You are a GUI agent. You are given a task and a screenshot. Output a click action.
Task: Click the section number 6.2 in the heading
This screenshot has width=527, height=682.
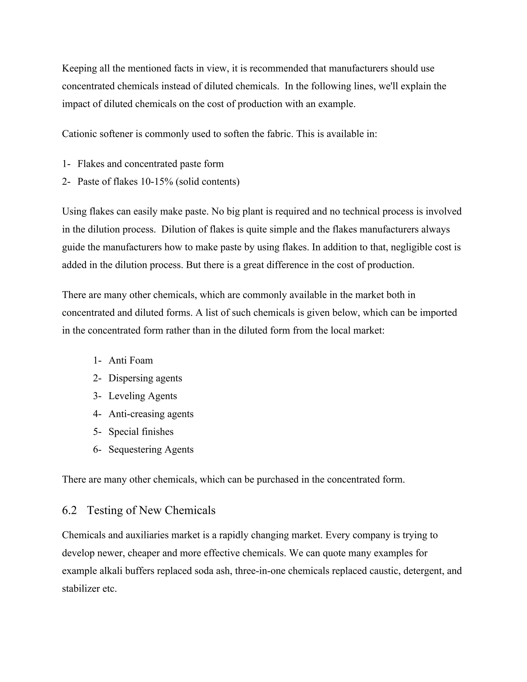point(69,510)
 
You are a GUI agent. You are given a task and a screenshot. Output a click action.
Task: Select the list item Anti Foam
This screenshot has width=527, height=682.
point(130,360)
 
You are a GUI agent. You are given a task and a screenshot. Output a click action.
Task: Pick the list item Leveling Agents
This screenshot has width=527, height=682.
point(143,396)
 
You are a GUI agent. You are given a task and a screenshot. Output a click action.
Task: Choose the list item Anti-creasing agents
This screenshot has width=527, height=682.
point(151,414)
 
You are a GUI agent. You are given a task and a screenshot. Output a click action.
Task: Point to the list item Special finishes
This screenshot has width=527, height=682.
point(141,432)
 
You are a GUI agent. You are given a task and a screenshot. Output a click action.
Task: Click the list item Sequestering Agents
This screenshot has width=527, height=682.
point(151,449)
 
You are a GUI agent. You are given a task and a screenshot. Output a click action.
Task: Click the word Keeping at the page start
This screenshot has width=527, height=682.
point(79,68)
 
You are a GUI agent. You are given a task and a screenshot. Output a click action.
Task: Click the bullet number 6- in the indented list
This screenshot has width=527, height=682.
point(97,449)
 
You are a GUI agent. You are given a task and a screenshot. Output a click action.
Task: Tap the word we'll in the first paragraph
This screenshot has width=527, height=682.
point(388,86)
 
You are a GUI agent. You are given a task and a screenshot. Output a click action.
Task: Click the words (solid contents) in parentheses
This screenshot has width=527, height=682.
point(208,181)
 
